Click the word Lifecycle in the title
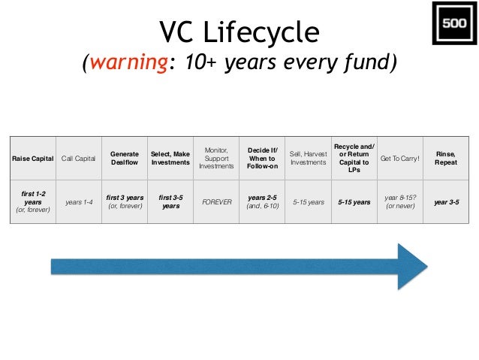(x=266, y=32)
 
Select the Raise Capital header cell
(x=32, y=159)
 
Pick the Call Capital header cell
(x=78, y=159)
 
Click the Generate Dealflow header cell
(x=125, y=159)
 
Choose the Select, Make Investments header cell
(x=170, y=159)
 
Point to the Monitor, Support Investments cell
(x=216, y=159)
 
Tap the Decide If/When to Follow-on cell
(x=262, y=159)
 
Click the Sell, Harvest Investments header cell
(x=308, y=159)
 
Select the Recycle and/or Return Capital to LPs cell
(x=354, y=159)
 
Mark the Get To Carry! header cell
(x=400, y=159)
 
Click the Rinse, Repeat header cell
(x=446, y=159)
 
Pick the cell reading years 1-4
(x=78, y=202)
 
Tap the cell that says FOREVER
(x=216, y=202)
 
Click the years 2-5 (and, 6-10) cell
(x=262, y=202)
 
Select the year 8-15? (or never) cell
(x=400, y=202)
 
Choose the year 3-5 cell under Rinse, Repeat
(x=446, y=202)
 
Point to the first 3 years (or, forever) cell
(x=125, y=202)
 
